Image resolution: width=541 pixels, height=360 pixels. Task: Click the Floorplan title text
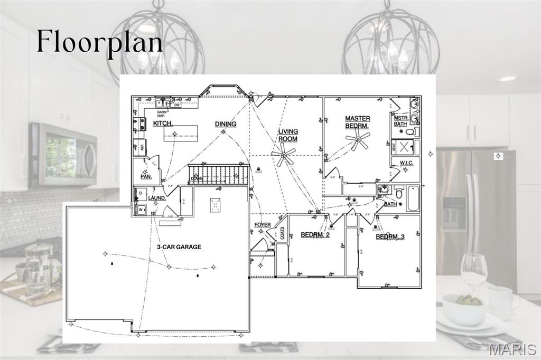[x=99, y=42]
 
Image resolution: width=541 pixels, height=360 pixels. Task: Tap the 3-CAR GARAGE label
[x=179, y=247]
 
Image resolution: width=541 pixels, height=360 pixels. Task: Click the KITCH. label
[x=163, y=124]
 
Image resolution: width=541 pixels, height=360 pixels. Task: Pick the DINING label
[x=226, y=124]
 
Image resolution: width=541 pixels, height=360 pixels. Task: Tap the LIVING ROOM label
[x=288, y=135]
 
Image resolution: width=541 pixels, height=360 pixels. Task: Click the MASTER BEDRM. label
[x=358, y=122]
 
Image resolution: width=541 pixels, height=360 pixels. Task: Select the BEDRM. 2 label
[x=315, y=235]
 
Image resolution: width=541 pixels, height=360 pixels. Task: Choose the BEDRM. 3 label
[x=390, y=236]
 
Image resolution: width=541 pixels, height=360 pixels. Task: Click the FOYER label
[x=263, y=225]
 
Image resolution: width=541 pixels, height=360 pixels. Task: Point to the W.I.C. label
[x=406, y=163]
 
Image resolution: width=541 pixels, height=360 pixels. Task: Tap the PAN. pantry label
[x=146, y=176]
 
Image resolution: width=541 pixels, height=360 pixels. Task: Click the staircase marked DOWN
[x=218, y=174]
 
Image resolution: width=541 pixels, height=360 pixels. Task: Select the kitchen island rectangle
[x=181, y=134]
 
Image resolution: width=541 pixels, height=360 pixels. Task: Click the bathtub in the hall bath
[x=413, y=198]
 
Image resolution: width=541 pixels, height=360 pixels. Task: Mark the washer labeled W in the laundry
[x=141, y=210]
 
